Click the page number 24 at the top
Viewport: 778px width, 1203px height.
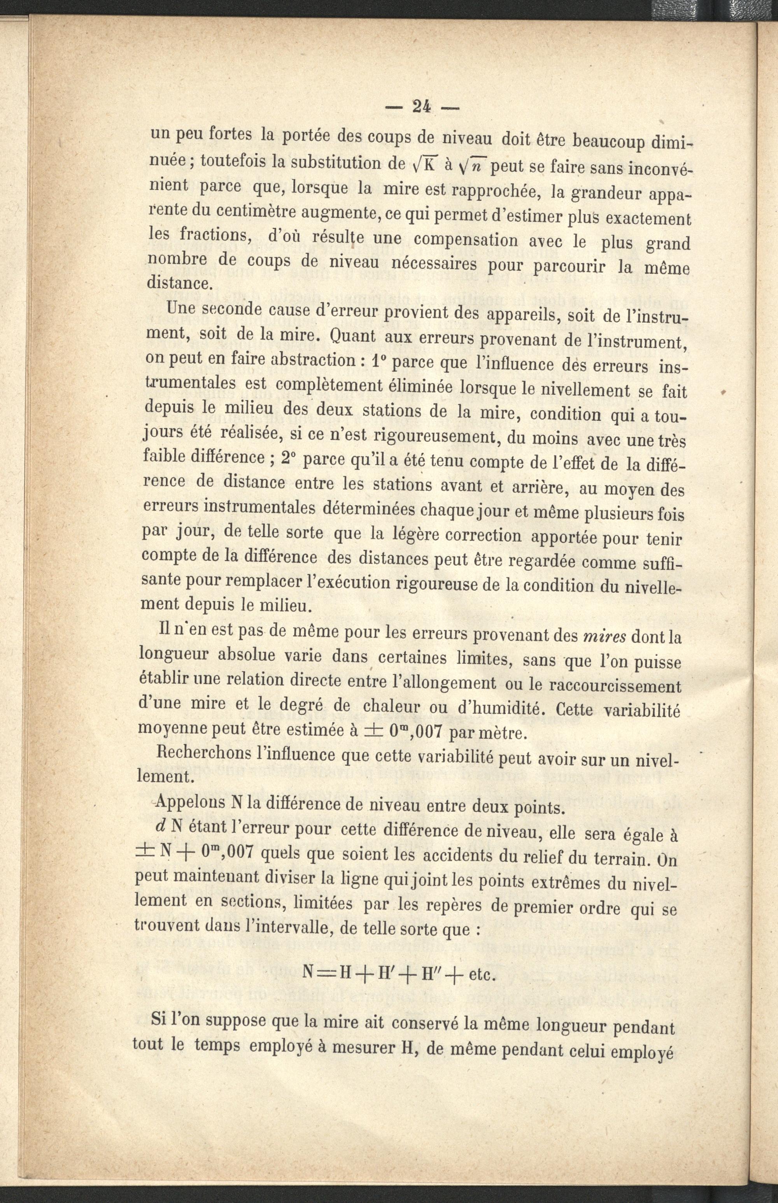pyautogui.click(x=421, y=107)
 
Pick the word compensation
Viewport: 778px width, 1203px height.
pyautogui.click(x=465, y=239)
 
